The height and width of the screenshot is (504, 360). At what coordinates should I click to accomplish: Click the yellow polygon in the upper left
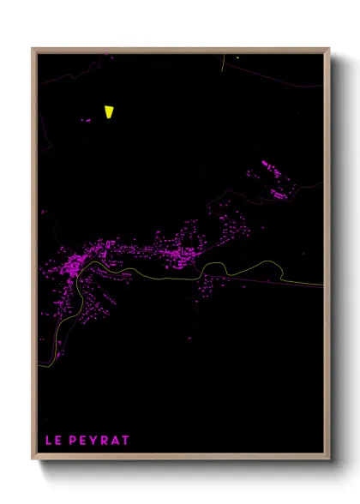click(109, 111)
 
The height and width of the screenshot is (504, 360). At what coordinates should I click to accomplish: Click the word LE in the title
click(53, 441)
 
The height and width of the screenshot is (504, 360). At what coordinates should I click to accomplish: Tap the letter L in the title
click(49, 441)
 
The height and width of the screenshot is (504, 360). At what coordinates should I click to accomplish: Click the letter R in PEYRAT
click(105, 441)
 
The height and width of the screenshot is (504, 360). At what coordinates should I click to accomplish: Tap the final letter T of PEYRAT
click(126, 441)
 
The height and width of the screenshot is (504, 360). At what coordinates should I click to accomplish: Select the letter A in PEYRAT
click(116, 441)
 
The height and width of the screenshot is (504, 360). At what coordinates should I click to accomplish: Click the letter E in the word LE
click(58, 441)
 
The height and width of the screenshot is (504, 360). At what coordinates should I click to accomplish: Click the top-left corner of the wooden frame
click(33, 49)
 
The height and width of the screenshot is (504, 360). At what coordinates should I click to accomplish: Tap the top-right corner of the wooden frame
click(329, 49)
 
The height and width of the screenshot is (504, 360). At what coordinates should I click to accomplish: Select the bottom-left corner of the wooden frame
click(33, 459)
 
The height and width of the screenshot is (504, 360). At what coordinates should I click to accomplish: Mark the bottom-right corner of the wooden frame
click(329, 459)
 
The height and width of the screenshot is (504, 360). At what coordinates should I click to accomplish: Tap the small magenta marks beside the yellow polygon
click(86, 121)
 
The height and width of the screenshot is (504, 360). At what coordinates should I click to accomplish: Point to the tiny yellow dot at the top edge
click(237, 57)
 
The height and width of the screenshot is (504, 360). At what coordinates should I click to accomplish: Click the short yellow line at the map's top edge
click(224, 61)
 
